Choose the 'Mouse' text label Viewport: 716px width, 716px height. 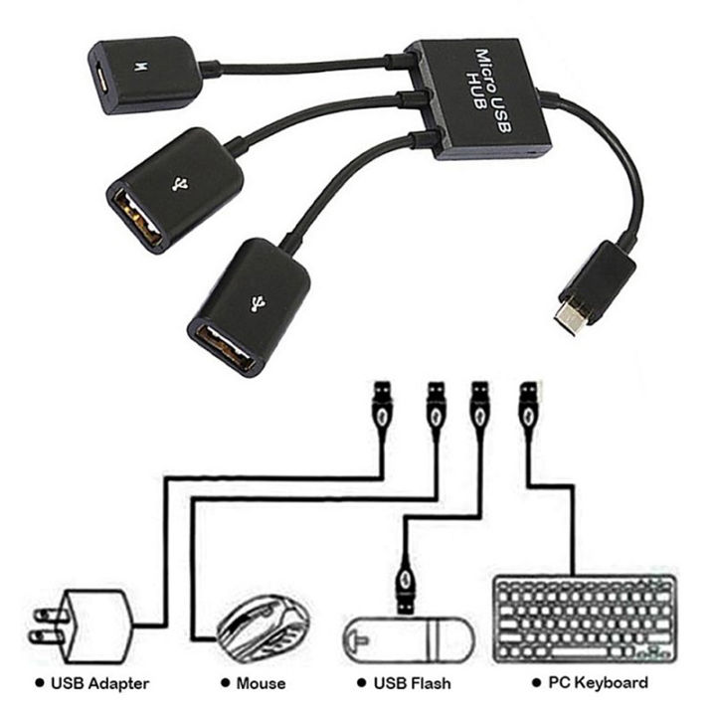coord(261,683)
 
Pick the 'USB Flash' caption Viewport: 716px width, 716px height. coord(413,683)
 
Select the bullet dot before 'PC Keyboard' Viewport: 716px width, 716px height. coord(537,682)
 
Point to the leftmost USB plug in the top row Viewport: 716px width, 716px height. coord(381,404)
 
